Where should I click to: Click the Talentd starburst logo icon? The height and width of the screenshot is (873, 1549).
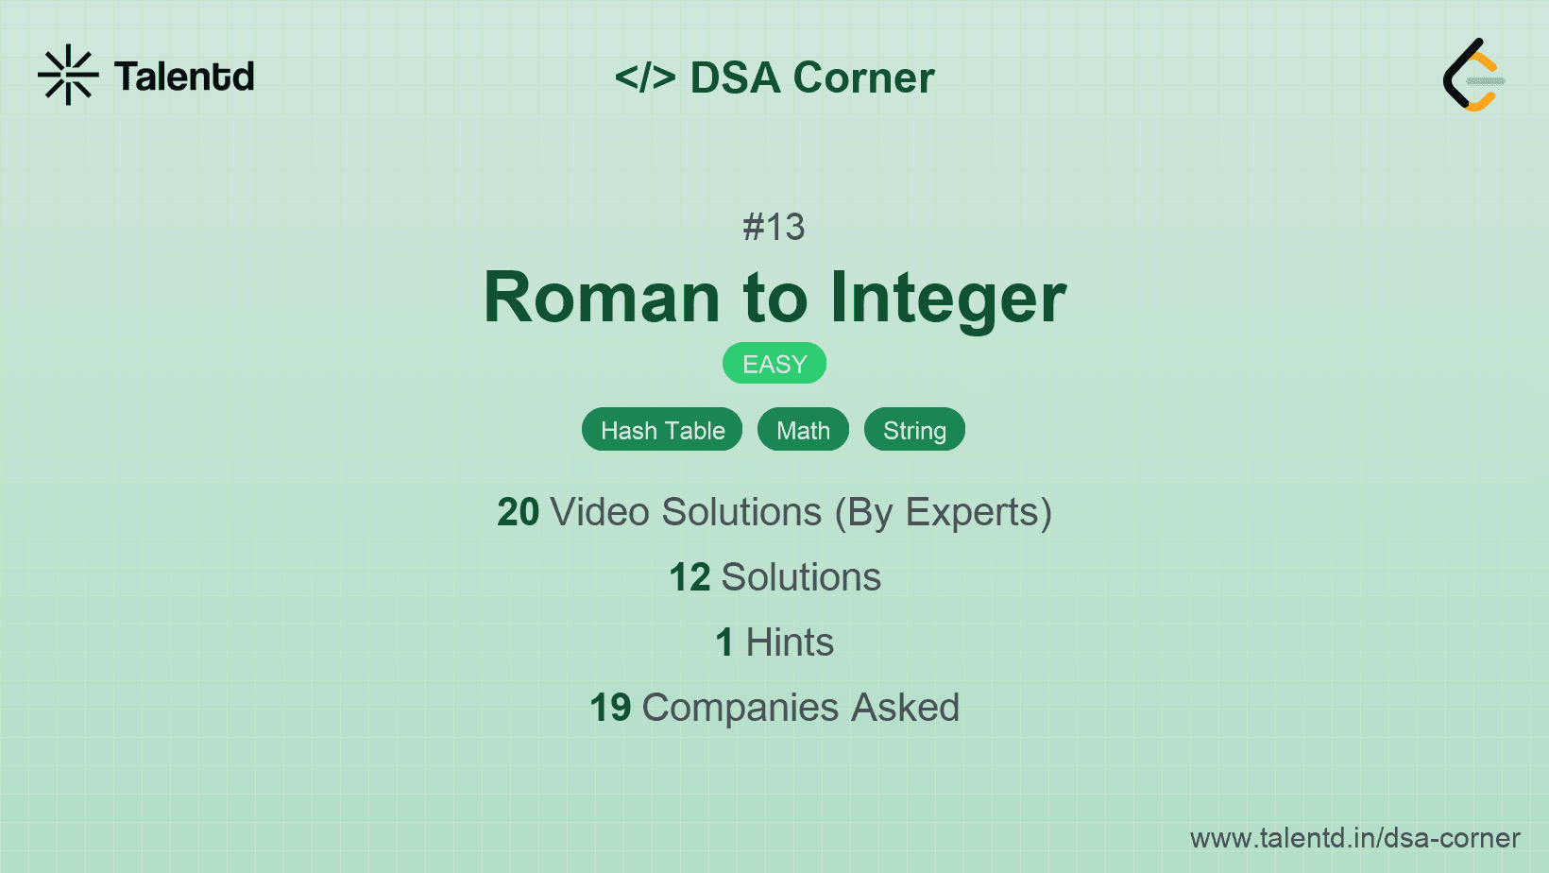[68, 75]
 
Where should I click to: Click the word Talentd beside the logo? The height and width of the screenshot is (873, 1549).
[184, 77]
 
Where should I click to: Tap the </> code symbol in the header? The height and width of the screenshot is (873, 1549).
[645, 77]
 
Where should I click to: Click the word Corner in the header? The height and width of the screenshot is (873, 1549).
[863, 77]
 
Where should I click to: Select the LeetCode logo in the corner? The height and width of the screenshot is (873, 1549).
[1472, 76]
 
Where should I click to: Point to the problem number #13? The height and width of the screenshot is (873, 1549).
[774, 227]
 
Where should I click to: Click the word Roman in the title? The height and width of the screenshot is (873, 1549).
[602, 298]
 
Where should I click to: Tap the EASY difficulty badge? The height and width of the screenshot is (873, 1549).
[774, 364]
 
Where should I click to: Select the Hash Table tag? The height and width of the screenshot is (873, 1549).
[662, 430]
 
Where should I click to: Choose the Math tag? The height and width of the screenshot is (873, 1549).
[803, 430]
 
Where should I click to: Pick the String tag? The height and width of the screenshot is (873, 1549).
[914, 430]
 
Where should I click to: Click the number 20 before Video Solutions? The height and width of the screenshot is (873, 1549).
[518, 512]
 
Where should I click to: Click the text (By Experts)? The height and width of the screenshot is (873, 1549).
[943, 513]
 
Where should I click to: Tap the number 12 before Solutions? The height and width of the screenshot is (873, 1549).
[689, 577]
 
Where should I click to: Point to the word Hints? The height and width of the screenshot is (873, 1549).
[790, 642]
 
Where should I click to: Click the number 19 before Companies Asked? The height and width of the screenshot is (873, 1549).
[610, 708]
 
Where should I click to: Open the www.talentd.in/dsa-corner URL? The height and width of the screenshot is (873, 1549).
[1354, 838]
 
